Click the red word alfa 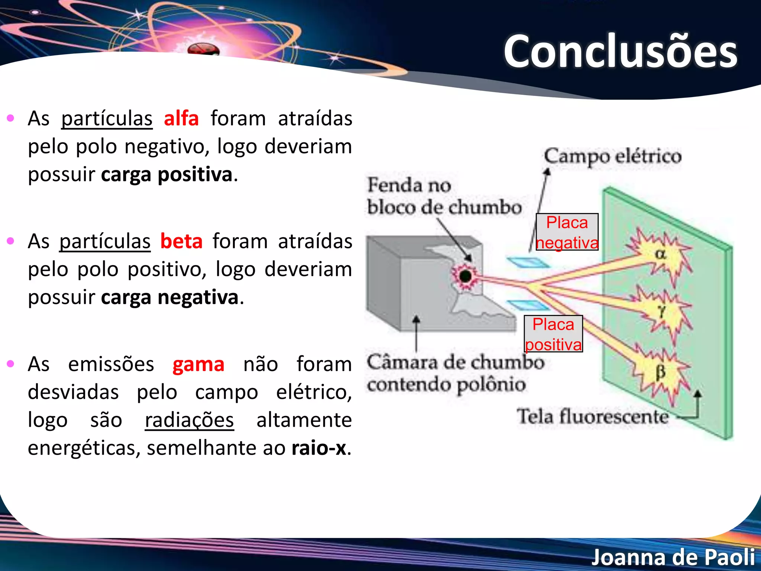(181, 119)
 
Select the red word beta (181, 241)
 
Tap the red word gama (198, 364)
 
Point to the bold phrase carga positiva (167, 174)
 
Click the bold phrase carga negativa (169, 297)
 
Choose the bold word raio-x (319, 448)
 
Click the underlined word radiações (189, 420)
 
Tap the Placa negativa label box (567, 232)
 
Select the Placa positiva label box (553, 334)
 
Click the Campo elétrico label (613, 156)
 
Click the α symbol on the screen (660, 255)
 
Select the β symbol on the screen (660, 372)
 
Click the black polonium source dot (465, 276)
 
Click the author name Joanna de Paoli (673, 557)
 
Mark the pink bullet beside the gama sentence (11, 364)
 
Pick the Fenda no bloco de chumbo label (444, 196)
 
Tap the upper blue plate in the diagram (528, 262)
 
